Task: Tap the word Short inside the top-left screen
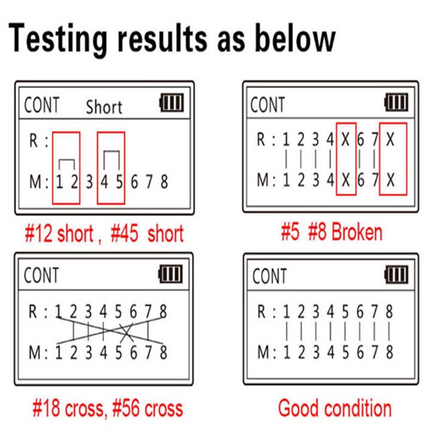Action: (x=104, y=107)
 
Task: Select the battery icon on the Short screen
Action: (x=172, y=103)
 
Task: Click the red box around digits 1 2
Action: (x=66, y=168)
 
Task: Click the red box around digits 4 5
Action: (x=111, y=168)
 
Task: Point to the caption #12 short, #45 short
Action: (x=104, y=234)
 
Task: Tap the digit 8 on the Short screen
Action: (x=163, y=181)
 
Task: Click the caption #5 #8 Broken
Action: (x=331, y=233)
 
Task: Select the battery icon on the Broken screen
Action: (x=396, y=102)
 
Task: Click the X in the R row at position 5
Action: (x=346, y=140)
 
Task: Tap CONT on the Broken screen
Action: (x=268, y=105)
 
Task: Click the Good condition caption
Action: (x=335, y=408)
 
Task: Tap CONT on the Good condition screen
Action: (x=269, y=276)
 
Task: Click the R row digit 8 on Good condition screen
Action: (x=389, y=312)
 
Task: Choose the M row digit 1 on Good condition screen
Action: (x=286, y=352)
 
